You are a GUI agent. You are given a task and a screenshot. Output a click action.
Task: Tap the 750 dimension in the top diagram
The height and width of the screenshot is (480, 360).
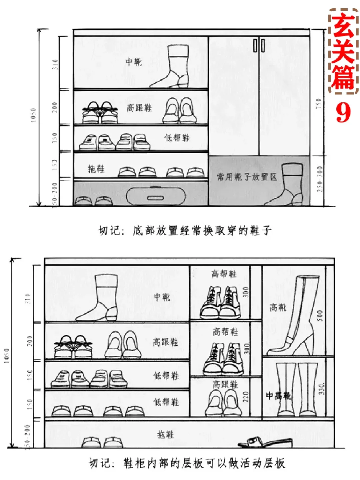(x=319, y=103)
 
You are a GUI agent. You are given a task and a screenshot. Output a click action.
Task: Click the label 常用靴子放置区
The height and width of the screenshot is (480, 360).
(x=247, y=177)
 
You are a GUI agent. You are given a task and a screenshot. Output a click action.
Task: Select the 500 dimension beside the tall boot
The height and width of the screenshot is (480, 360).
(x=320, y=315)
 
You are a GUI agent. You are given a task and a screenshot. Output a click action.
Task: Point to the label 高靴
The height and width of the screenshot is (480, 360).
(x=278, y=307)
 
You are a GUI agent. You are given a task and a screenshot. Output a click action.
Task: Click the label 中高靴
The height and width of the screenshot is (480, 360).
(x=278, y=396)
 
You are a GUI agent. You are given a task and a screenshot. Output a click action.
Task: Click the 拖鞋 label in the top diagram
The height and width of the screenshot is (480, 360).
(x=96, y=169)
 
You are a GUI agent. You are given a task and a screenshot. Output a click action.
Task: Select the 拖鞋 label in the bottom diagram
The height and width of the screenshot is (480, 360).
(x=166, y=434)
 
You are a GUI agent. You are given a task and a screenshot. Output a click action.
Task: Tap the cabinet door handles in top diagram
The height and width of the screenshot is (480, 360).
(x=259, y=46)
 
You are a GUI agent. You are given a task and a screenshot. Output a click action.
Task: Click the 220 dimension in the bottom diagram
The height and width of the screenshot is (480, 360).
(x=246, y=397)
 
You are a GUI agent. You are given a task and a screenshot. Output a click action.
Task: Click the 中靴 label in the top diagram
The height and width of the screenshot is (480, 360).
(x=134, y=62)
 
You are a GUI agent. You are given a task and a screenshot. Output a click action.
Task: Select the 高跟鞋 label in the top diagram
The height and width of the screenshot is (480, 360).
(x=139, y=108)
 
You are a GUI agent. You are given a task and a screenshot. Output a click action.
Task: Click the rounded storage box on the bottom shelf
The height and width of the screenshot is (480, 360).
(x=155, y=195)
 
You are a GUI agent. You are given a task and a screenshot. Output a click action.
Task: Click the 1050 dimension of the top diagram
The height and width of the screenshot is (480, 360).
(x=33, y=115)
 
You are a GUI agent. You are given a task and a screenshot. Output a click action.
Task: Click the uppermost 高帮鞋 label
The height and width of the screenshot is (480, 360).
(x=224, y=274)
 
